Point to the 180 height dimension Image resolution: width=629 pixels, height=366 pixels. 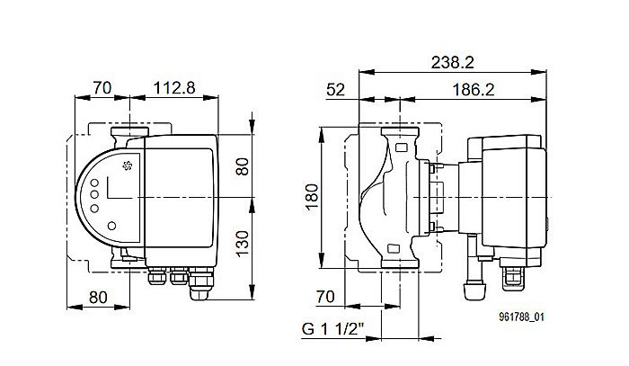coord(311,197)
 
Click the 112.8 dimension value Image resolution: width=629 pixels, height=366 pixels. coord(173,90)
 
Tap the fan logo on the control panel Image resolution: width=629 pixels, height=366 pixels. coord(125,165)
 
